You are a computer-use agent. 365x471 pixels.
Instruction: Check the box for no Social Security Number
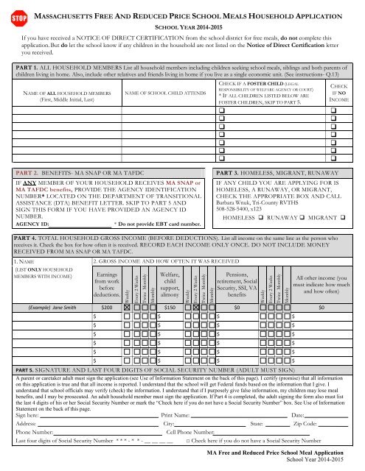point(190,444)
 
